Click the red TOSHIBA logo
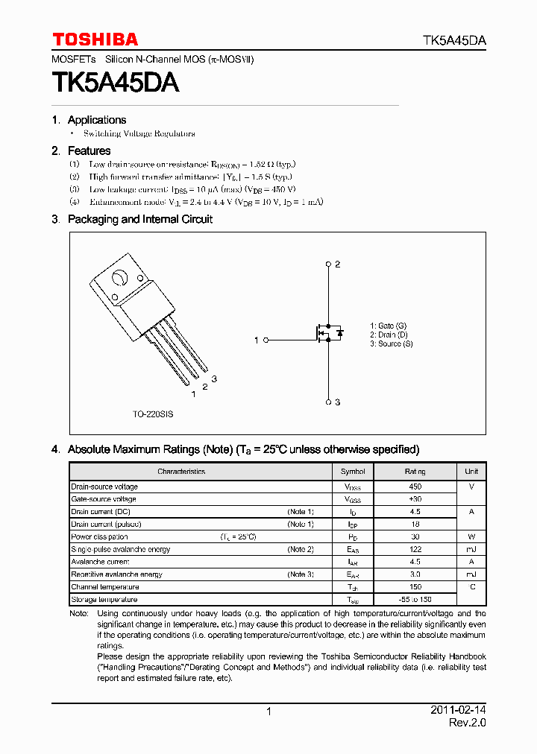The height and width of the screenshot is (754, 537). (95, 39)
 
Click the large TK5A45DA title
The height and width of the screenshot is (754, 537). (115, 82)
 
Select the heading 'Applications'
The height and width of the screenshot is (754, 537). (96, 120)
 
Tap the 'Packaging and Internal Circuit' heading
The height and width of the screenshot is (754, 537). (139, 219)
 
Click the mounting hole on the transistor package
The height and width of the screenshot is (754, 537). (119, 279)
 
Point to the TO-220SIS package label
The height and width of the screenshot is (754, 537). (153, 414)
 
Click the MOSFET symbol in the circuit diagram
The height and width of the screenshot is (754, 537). (328, 333)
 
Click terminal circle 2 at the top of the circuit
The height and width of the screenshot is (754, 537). (328, 264)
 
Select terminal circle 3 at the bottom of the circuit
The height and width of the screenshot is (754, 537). (328, 402)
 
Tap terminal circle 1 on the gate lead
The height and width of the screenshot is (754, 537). (266, 340)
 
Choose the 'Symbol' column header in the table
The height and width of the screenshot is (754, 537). (353, 472)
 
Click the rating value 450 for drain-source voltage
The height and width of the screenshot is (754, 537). (415, 487)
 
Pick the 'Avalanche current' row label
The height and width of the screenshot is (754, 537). (100, 562)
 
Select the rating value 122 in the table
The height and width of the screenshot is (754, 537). (415, 549)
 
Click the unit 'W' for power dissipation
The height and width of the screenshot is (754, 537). (471, 536)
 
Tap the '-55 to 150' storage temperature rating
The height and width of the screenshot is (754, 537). (415, 600)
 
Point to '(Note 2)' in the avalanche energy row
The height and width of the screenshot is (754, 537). (301, 549)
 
